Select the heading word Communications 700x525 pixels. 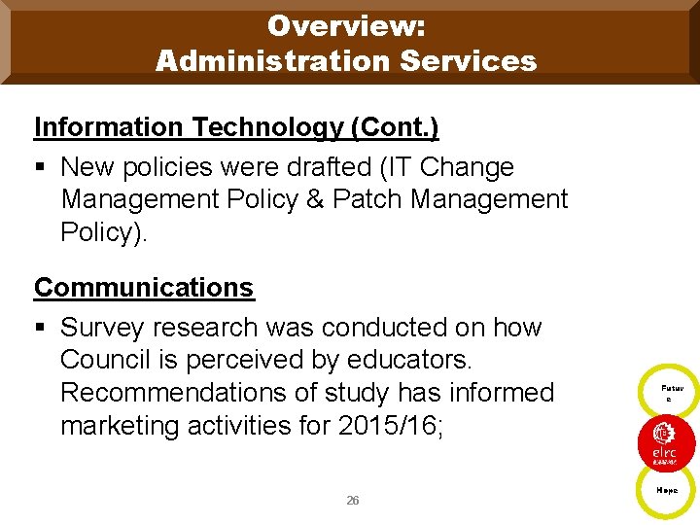144,288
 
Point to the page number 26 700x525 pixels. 352,501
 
